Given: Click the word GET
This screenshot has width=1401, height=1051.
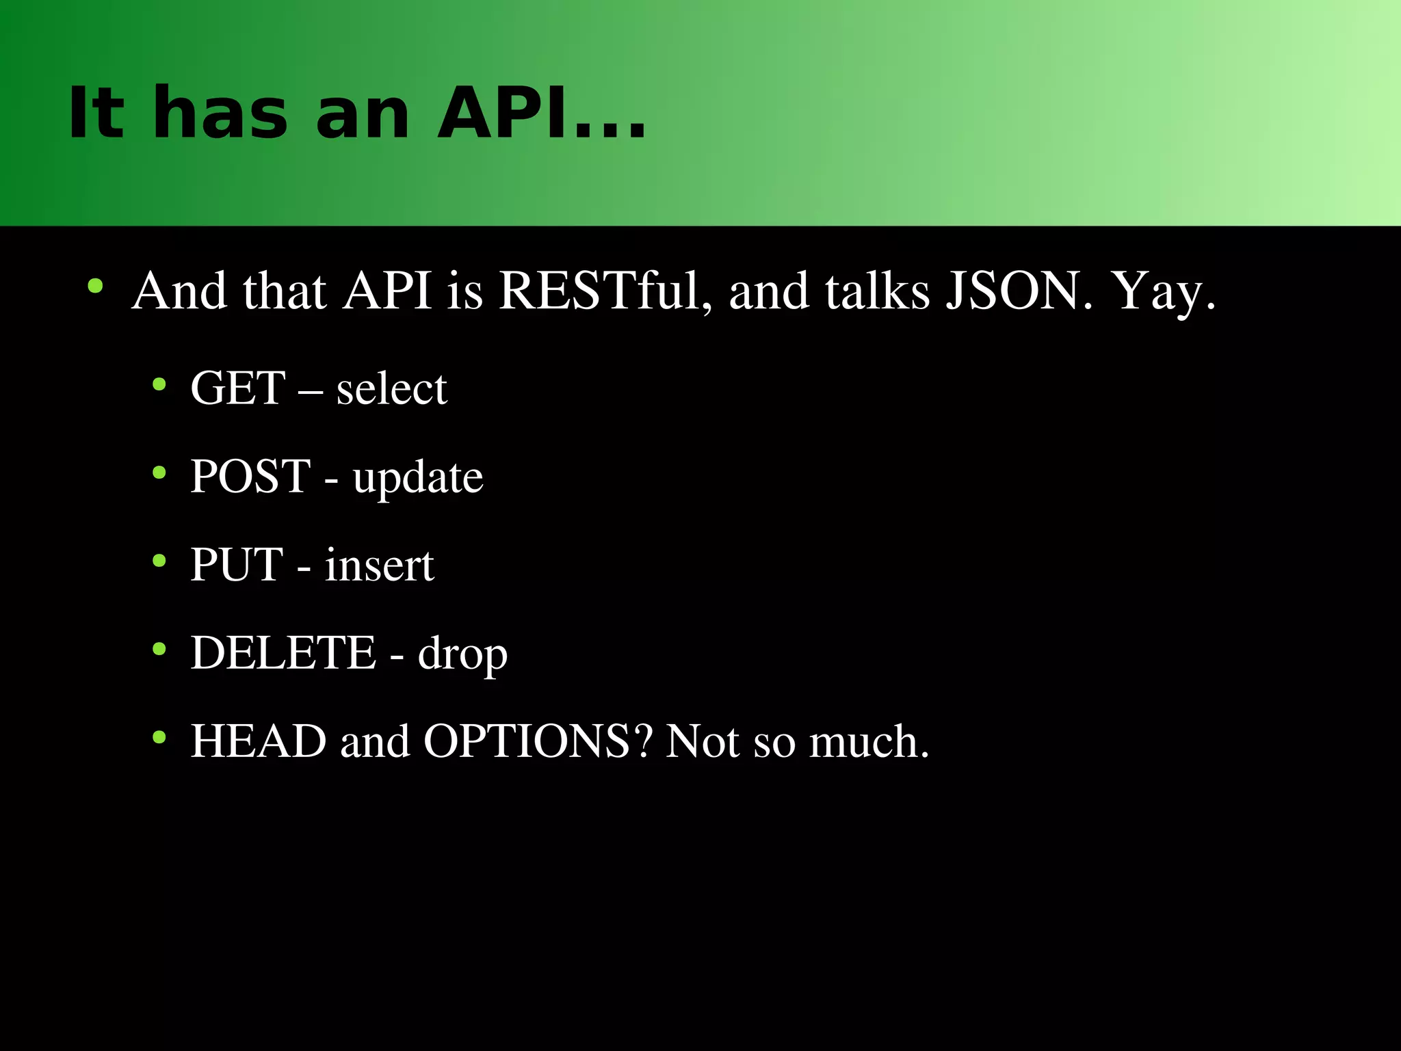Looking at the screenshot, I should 237,388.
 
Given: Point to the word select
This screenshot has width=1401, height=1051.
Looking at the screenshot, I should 391,388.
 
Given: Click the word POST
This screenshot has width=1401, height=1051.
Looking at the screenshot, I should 250,476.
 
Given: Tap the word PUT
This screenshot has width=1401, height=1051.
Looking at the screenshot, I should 237,565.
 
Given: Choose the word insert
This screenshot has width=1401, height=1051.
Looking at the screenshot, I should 379,566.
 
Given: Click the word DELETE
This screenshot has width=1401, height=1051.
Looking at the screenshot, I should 283,652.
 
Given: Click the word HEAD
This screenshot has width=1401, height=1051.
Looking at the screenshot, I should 259,741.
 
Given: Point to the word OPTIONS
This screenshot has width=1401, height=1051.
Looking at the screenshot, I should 527,741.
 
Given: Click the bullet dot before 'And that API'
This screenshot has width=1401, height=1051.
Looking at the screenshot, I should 95,285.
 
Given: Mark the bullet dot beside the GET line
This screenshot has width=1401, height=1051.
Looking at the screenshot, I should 159,384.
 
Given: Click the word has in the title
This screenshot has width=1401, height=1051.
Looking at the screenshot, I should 220,113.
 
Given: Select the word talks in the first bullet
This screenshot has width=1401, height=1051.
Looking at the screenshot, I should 877,291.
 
